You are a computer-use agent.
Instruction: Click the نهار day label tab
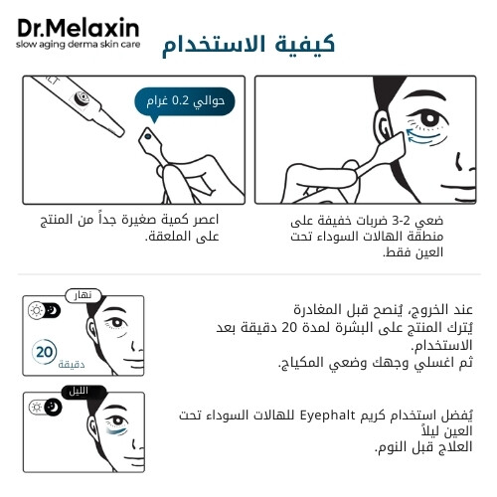coord(81,294)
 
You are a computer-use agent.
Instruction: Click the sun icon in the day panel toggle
coord(38,310)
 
